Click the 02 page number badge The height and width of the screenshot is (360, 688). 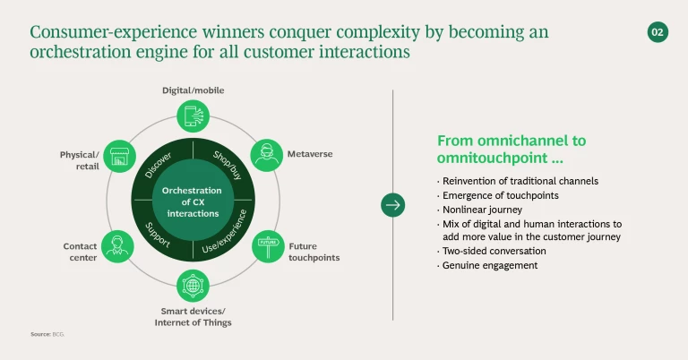coord(658,32)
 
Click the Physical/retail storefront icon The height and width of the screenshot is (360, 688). coord(119,157)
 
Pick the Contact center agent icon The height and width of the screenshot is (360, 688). coord(118,244)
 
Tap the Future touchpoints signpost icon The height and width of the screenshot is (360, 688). coord(267,245)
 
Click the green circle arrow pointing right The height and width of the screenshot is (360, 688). coord(392,204)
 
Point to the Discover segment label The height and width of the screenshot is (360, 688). coord(159,163)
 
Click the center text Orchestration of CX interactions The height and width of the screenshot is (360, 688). coord(193,201)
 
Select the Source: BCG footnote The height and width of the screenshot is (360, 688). coord(48,334)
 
